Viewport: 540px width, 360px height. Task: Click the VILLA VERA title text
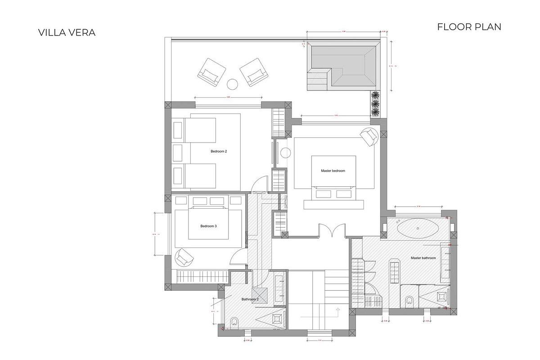67,32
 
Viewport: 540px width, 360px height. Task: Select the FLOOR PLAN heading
469,27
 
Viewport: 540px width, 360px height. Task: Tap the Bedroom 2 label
219,152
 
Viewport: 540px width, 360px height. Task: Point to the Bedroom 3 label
209,226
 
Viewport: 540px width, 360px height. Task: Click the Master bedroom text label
333,171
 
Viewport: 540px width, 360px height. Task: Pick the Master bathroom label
423,258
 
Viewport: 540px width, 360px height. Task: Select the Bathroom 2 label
250,299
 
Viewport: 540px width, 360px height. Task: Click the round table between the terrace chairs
232,84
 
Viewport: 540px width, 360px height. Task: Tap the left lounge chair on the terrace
211,71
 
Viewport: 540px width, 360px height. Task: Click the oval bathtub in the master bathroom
418,228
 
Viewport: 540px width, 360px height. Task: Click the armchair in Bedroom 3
184,257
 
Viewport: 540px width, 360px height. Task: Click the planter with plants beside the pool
375,104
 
